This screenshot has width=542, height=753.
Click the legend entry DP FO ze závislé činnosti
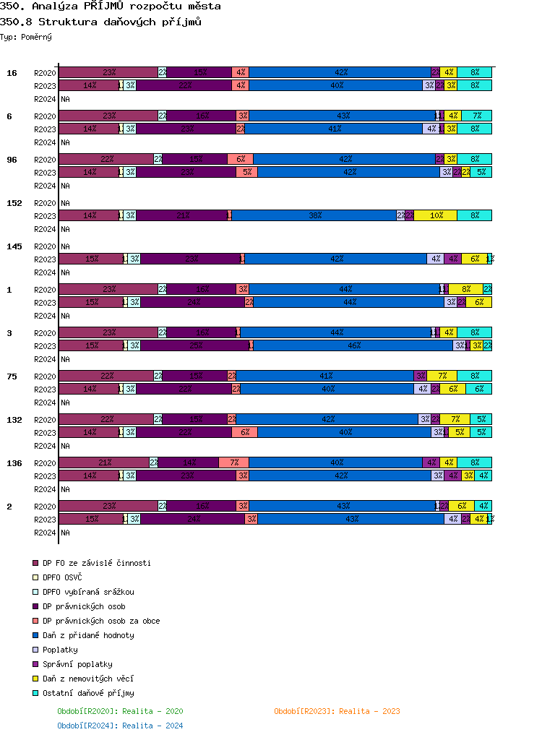(96, 563)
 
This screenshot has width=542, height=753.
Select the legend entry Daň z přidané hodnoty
(88, 635)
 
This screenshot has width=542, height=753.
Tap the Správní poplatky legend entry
(77, 664)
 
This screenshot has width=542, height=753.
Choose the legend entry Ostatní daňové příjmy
(88, 693)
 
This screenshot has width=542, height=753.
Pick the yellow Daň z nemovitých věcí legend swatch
(35, 679)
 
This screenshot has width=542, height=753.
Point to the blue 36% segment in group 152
(314, 215)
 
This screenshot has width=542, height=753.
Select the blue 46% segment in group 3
(353, 345)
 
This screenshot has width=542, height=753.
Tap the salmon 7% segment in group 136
(233, 462)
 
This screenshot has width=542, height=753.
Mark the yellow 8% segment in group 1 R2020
(465, 289)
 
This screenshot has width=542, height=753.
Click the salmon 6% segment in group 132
(244, 432)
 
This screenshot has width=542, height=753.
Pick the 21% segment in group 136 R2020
(103, 462)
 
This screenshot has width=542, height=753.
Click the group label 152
(14, 203)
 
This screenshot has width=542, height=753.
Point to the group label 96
(12, 160)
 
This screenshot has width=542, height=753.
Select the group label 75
(12, 376)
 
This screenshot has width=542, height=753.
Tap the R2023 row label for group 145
(45, 259)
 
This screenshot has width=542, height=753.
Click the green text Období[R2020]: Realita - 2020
(120, 711)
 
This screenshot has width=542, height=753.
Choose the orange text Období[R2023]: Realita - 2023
(337, 711)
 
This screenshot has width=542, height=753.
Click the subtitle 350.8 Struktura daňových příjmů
(100, 22)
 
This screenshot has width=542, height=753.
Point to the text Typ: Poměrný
(26, 37)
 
